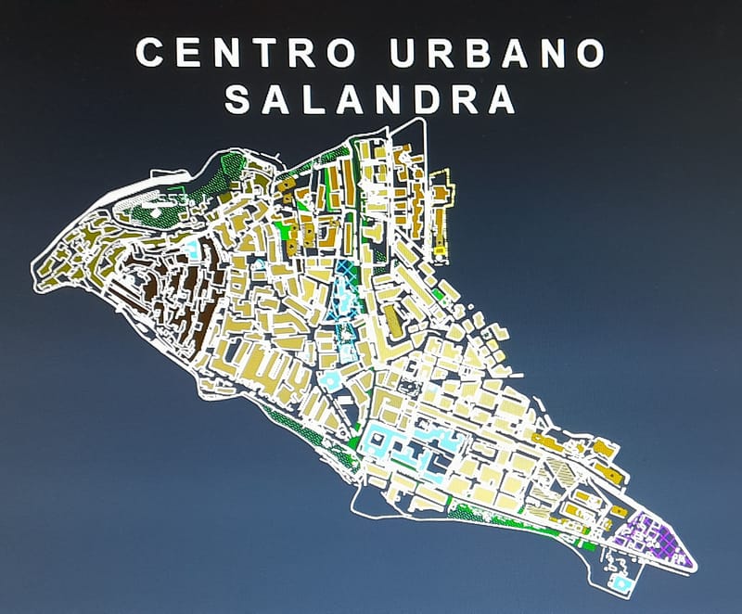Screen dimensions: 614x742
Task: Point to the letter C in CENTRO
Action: [x=151, y=53]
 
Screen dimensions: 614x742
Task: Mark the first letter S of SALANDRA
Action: [x=238, y=99]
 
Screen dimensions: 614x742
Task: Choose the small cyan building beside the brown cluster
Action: [x=192, y=249]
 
